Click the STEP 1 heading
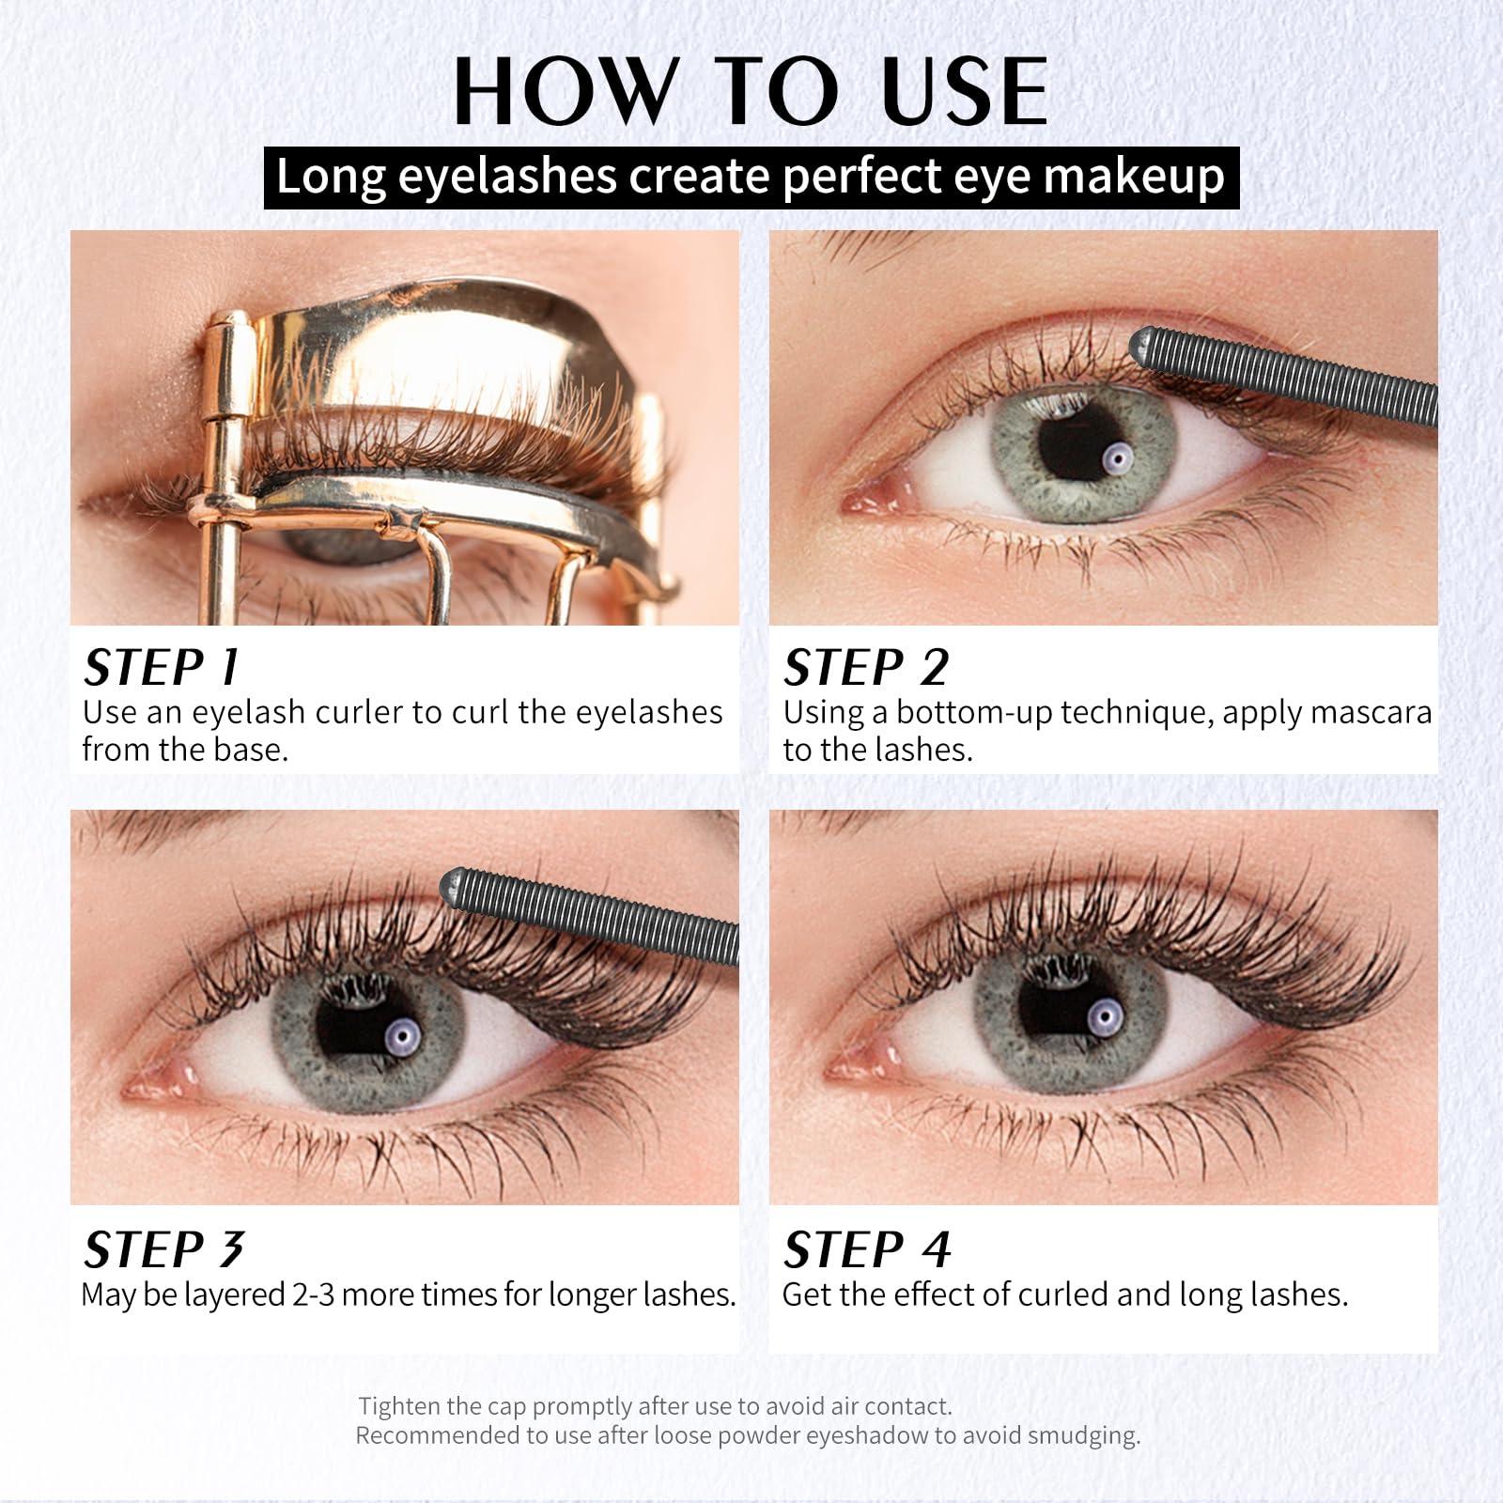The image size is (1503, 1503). [x=162, y=668]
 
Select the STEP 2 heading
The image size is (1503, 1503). [x=866, y=668]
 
